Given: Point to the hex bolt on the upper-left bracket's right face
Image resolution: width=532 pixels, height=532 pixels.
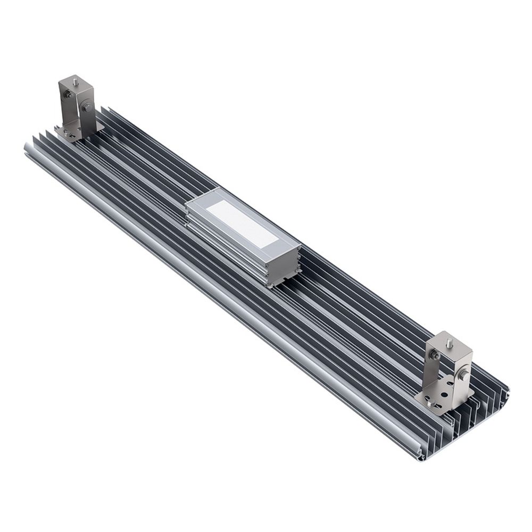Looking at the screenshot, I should [86, 111].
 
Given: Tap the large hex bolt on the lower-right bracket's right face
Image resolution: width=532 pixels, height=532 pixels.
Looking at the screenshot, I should [461, 375].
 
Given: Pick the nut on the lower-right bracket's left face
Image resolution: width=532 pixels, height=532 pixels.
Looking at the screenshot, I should [436, 355].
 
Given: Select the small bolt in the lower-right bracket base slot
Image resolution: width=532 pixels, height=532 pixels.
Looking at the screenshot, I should [430, 403].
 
